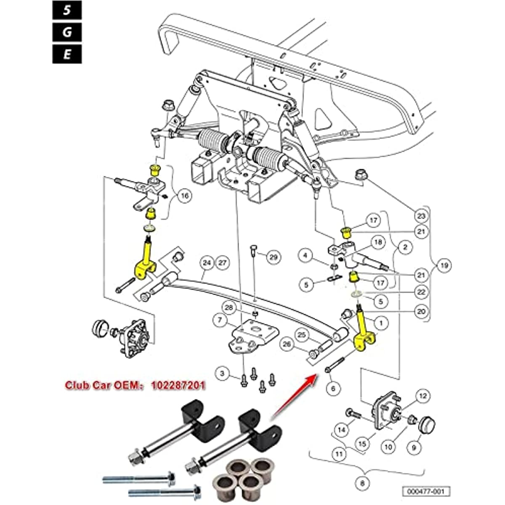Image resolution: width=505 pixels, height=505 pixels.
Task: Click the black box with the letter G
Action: [67, 32]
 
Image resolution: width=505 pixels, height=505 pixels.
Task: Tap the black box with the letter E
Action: [67, 54]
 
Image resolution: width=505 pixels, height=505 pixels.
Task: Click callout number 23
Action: [420, 216]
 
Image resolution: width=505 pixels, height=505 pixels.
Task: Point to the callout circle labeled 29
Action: [274, 257]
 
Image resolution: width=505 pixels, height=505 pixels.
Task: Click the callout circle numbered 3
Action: [223, 373]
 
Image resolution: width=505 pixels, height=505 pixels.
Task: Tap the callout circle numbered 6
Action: [333, 388]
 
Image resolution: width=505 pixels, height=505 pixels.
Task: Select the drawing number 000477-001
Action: [425, 492]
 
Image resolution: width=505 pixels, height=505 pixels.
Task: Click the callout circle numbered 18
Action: [378, 242]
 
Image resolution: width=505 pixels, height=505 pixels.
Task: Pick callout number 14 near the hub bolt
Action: [342, 430]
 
